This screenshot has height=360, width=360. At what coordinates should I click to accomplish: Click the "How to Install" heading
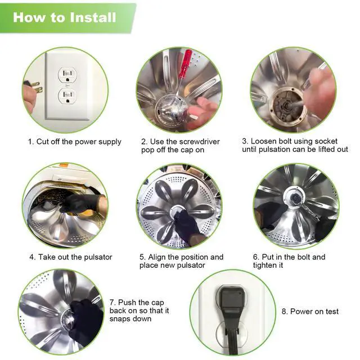pos(65,17)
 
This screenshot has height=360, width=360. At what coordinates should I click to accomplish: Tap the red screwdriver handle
pos(186,61)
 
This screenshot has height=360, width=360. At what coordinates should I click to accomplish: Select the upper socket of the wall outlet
pos(67,75)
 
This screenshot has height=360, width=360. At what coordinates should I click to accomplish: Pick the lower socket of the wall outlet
pos(67,96)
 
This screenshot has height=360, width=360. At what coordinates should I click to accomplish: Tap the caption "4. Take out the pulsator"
pos(71,257)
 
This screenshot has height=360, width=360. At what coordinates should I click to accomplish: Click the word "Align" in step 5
pos(157,257)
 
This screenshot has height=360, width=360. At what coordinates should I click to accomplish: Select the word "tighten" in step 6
pos(265,265)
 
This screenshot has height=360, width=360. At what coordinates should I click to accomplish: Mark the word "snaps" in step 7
pos(120,319)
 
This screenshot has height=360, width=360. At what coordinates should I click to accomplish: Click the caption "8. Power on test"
pos(310,311)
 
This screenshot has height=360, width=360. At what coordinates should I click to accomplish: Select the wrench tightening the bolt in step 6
pos(305,206)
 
